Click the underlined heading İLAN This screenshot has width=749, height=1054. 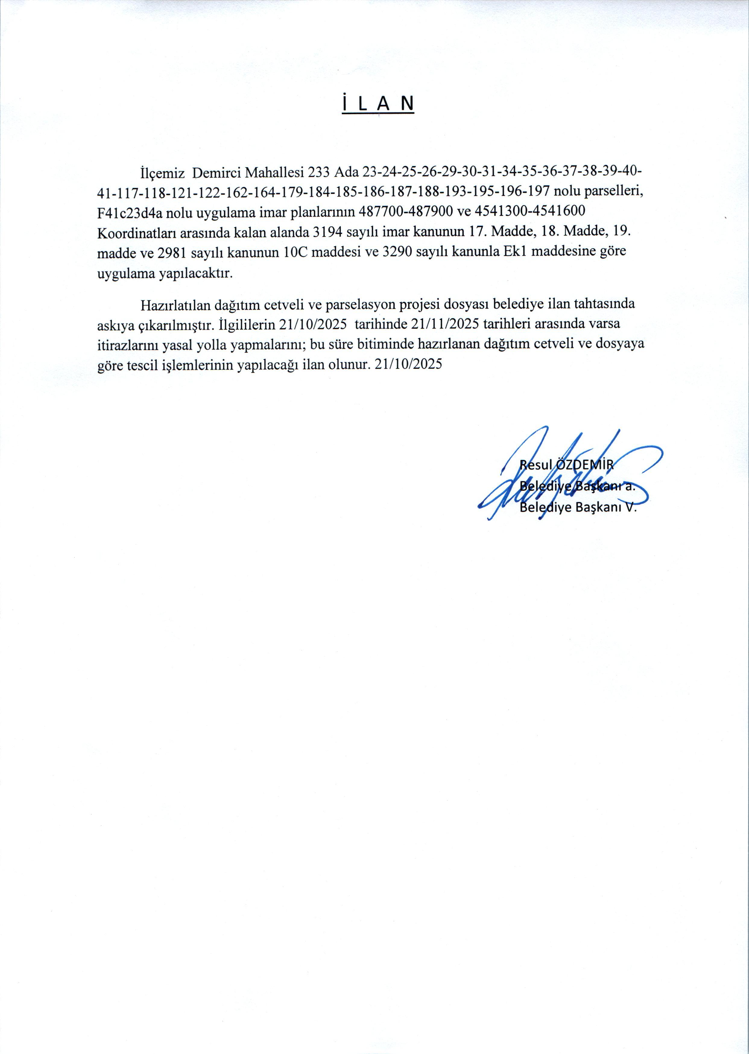[378, 104]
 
